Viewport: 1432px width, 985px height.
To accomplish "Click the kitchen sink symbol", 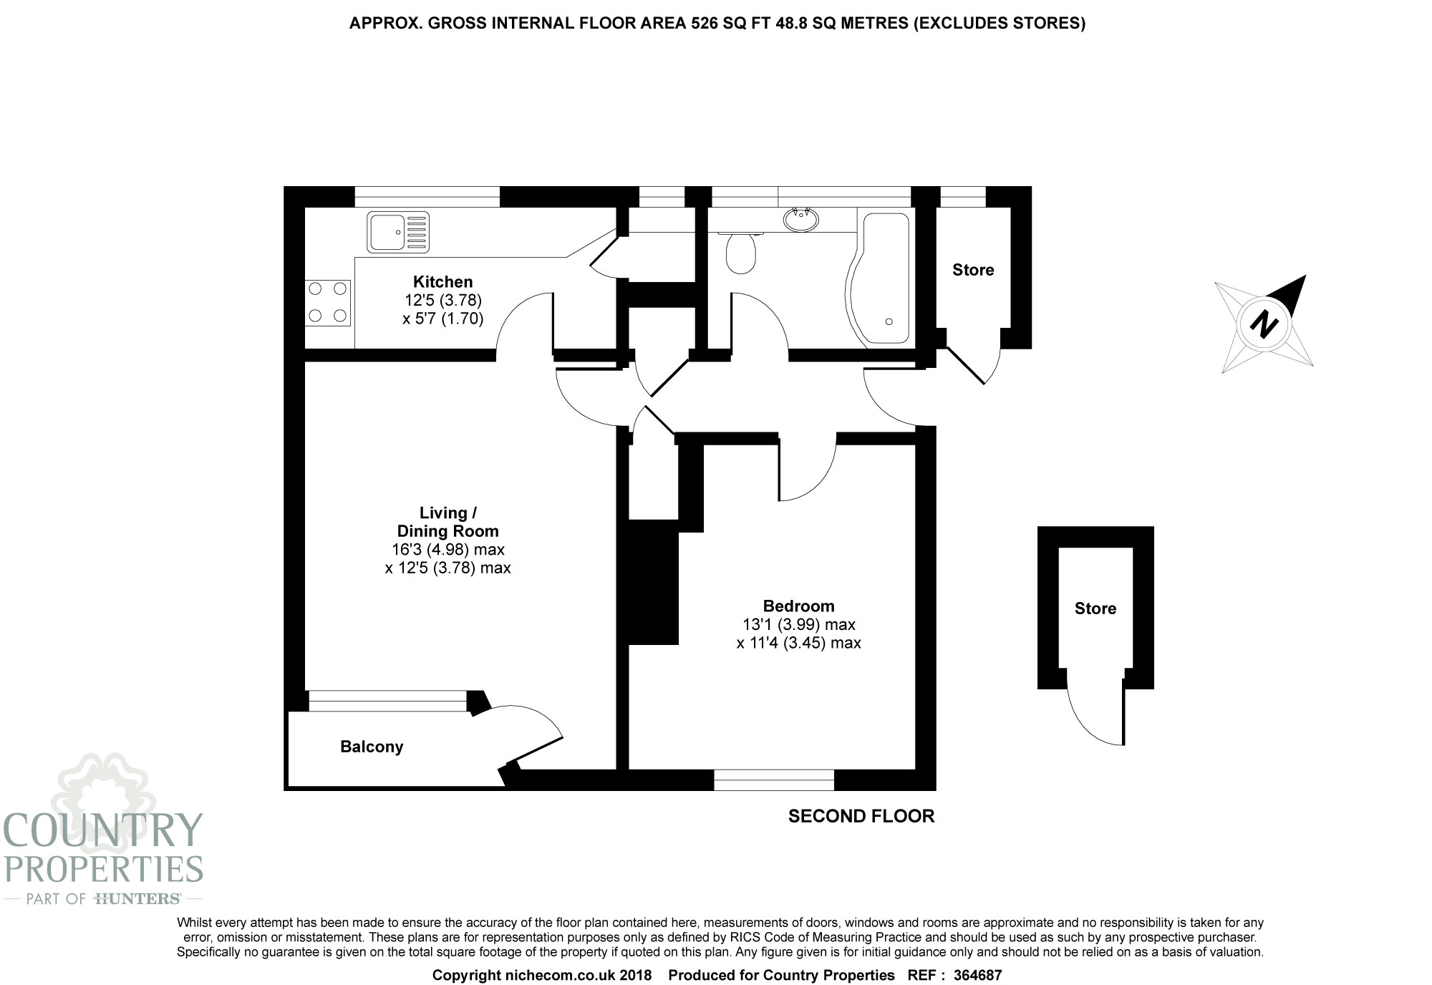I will [x=398, y=232].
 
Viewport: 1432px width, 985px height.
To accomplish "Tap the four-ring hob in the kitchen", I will [x=328, y=302].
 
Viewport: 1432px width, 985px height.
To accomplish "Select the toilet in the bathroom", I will [x=740, y=253].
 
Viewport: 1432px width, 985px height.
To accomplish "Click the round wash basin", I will [x=801, y=218].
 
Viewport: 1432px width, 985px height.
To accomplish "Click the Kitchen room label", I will [x=442, y=282].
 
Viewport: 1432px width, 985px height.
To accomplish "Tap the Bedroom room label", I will [x=798, y=606].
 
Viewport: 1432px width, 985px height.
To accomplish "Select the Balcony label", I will [x=372, y=747].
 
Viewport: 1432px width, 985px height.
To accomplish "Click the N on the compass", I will [x=1264, y=324].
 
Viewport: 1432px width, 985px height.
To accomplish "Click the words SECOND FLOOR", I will [x=861, y=816].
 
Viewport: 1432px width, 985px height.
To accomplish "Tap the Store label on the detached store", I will [x=1095, y=608].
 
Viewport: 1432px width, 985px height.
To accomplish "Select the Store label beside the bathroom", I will [x=973, y=270].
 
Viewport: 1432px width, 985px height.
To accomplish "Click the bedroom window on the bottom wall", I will [x=774, y=780].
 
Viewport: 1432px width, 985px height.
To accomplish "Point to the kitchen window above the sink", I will [x=427, y=196].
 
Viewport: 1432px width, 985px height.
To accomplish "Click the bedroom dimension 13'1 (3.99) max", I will [x=798, y=624].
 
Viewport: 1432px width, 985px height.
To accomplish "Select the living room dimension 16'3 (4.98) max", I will [x=447, y=550].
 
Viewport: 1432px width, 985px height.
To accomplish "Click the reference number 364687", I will [x=977, y=975].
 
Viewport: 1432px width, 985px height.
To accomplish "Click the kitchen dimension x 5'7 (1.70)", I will [x=442, y=319].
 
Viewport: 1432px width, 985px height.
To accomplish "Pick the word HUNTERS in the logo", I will [x=137, y=898].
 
